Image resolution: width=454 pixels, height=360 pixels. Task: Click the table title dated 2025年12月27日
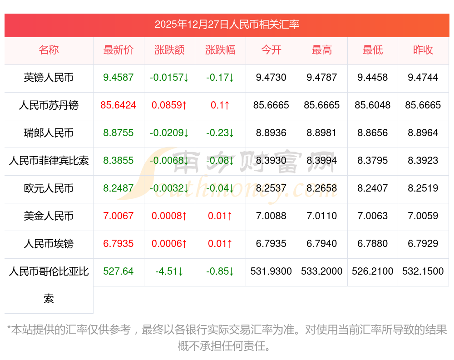coord(227,25)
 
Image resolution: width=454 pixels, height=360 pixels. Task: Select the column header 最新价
coord(118,50)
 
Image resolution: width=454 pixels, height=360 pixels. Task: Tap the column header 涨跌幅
coord(220,50)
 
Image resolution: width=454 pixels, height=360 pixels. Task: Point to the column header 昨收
coord(423,50)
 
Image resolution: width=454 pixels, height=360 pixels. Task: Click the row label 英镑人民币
coord(49,78)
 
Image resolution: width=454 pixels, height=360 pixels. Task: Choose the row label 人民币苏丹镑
coord(49,105)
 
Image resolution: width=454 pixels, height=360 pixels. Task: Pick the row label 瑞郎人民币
coord(49,133)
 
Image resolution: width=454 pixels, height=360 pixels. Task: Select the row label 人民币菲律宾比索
coord(49,161)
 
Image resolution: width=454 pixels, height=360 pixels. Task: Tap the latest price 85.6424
coord(118,105)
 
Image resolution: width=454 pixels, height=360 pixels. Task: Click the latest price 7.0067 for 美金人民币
coord(118,216)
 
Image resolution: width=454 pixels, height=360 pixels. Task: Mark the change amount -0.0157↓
coord(169,78)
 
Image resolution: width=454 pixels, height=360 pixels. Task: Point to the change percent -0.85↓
coord(220,271)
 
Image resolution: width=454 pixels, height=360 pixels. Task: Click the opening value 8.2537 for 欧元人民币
coord(271,188)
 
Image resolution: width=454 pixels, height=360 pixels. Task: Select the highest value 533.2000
coord(322,271)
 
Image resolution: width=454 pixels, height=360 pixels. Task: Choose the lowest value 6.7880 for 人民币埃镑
coord(373,244)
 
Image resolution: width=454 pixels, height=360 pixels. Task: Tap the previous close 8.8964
coord(423,133)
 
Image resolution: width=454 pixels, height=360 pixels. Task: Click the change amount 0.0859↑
coord(169,105)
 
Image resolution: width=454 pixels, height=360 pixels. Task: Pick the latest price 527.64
coord(118,271)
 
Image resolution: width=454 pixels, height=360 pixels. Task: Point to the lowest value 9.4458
coord(373,78)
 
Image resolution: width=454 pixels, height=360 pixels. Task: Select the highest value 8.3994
coord(322,161)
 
